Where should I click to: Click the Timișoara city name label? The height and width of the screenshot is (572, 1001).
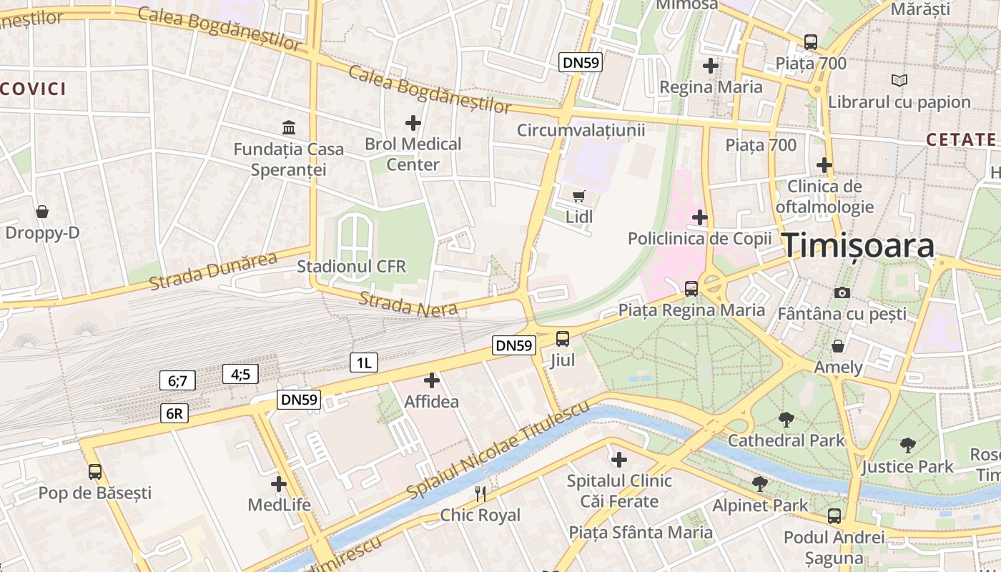[x=858, y=245]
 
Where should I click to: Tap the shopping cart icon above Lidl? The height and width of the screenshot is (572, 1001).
[x=579, y=195]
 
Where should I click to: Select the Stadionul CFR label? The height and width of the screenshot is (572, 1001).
[x=351, y=267]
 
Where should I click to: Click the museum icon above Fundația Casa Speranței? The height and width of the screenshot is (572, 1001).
[x=289, y=128]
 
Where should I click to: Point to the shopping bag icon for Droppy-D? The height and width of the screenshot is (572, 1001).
[x=42, y=212]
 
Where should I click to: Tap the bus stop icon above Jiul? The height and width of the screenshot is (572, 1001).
[x=563, y=339]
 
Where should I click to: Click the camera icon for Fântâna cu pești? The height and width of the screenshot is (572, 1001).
[x=842, y=292]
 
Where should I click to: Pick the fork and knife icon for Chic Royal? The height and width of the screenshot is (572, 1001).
[x=480, y=493]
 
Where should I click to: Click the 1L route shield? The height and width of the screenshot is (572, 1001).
[x=363, y=363]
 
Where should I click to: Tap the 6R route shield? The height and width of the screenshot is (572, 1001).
[x=174, y=413]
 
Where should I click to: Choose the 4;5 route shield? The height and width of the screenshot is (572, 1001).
[x=240, y=373]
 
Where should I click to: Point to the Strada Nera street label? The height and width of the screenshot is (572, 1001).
[x=408, y=304]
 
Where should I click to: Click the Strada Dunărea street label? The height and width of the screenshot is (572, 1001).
[x=212, y=271]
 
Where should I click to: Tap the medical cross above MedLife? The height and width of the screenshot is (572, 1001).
[x=279, y=484]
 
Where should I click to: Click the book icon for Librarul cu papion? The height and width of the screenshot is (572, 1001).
[x=899, y=81]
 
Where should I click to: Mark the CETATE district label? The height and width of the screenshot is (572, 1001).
[x=960, y=139]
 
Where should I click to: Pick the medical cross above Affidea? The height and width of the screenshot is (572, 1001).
[x=432, y=380]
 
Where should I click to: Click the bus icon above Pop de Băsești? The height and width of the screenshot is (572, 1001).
[x=95, y=472]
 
